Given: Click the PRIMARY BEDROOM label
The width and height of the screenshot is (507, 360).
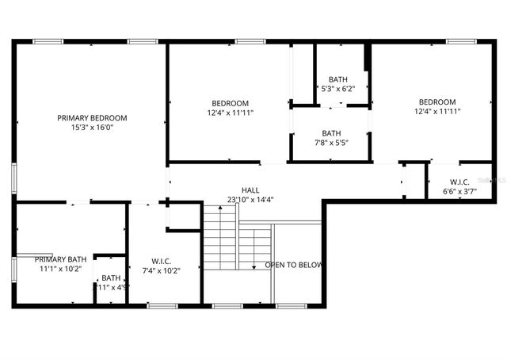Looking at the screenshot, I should click(x=92, y=117).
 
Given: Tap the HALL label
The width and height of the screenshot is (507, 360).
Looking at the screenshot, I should click(x=250, y=190).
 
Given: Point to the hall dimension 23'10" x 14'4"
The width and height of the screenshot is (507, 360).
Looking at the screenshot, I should click(x=250, y=200).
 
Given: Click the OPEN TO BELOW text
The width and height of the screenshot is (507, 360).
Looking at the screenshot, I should click(x=294, y=265).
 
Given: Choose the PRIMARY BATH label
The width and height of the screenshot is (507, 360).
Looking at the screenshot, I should click(x=60, y=259).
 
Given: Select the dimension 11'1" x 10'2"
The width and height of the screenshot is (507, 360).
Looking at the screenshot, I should click(x=60, y=269).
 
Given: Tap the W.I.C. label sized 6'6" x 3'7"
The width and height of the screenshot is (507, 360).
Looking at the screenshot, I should click(x=459, y=182).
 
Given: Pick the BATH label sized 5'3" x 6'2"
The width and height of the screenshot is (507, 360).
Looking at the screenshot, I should click(x=338, y=79).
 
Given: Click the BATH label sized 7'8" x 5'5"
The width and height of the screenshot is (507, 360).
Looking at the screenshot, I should click(x=331, y=133).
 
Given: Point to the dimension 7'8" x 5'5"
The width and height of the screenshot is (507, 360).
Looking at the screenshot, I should click(x=331, y=143).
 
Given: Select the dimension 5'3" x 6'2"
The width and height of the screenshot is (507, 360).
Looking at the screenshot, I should click(x=338, y=89).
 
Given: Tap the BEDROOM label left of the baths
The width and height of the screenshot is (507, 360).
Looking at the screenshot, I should click(x=230, y=103).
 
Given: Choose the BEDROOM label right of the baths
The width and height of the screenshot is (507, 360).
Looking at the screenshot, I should click(x=437, y=101).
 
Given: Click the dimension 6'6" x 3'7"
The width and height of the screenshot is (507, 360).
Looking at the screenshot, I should click(x=459, y=191).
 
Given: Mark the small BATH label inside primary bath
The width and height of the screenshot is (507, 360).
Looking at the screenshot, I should click(x=111, y=278).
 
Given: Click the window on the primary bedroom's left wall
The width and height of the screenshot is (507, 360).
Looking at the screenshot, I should click(x=13, y=176).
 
